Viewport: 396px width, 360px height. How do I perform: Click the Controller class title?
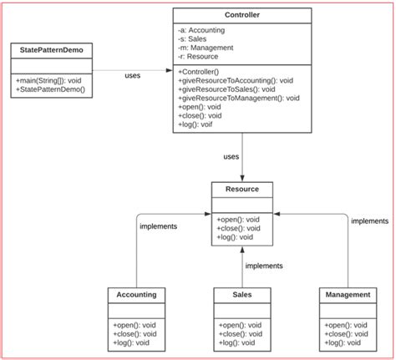point(241,15)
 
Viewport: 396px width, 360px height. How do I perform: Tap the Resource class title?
point(241,190)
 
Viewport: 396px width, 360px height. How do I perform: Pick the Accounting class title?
point(135,294)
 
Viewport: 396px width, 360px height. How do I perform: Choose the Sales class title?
point(241,294)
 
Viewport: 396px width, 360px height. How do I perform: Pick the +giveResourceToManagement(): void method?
point(238,98)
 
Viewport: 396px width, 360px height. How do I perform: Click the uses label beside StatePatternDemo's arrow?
point(132,76)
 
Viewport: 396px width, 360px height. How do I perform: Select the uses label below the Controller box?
point(231,156)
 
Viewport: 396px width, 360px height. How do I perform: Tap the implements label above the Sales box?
point(263,266)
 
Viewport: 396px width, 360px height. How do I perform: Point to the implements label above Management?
point(369,221)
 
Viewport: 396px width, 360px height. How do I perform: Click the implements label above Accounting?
point(158,226)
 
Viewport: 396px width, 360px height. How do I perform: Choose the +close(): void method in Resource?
point(239,228)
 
